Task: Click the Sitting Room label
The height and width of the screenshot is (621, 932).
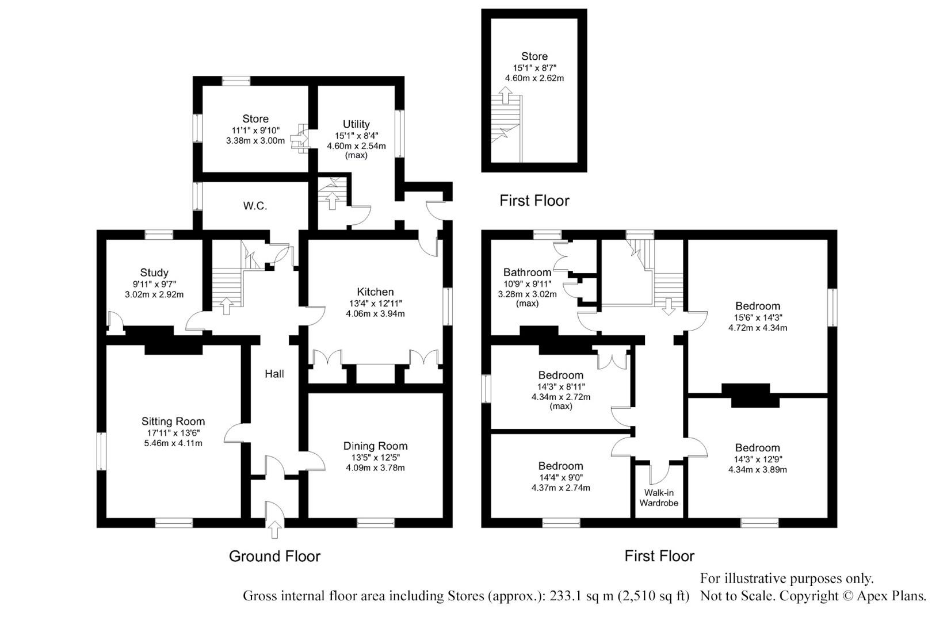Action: pyautogui.click(x=173, y=421)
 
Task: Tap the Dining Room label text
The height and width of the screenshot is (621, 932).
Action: pyautogui.click(x=375, y=446)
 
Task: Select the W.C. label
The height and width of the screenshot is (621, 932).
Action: pyautogui.click(x=255, y=206)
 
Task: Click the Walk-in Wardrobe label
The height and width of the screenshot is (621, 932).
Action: pyautogui.click(x=659, y=498)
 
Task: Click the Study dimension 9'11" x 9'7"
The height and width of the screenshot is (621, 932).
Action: pyautogui.click(x=154, y=283)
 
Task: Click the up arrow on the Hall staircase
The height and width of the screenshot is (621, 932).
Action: pyautogui.click(x=226, y=306)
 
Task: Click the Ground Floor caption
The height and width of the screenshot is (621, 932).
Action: pyautogui.click(x=274, y=556)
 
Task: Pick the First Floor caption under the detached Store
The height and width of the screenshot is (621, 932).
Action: pyautogui.click(x=534, y=201)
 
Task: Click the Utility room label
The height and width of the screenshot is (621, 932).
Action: pyautogui.click(x=356, y=124)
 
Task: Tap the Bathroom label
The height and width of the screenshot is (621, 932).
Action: pyautogui.click(x=527, y=273)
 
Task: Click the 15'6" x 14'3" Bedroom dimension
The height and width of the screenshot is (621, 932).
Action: pyautogui.click(x=758, y=317)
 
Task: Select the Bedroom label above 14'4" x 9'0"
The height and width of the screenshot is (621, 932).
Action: pyautogui.click(x=560, y=466)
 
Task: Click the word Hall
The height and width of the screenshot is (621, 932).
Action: pyautogui.click(x=274, y=374)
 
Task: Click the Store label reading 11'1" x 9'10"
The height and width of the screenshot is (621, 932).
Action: pyautogui.click(x=255, y=119)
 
